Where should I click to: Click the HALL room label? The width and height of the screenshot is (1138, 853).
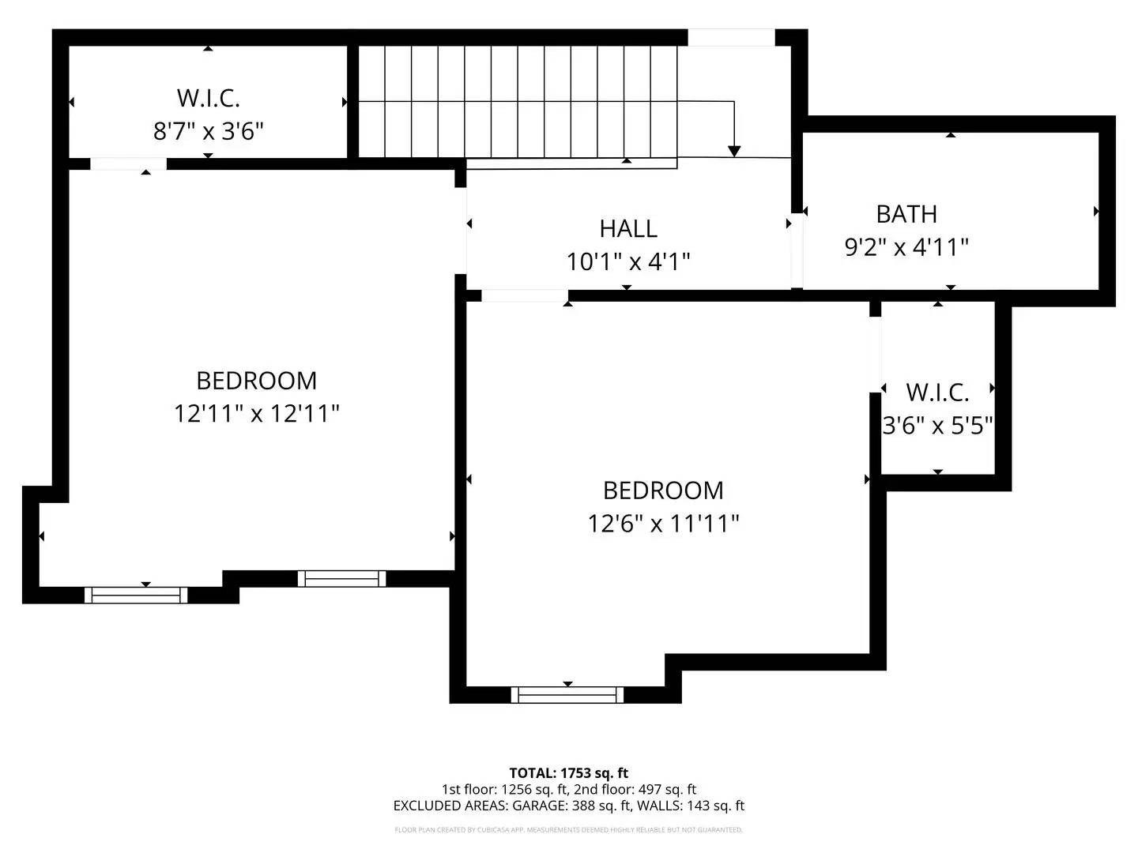coord(628,228)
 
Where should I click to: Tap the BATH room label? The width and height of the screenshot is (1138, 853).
coord(906,214)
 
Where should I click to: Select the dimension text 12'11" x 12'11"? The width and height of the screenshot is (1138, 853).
coord(257,413)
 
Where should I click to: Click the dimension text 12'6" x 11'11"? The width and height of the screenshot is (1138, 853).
coord(663,523)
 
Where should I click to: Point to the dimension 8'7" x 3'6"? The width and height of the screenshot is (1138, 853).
coord(208,130)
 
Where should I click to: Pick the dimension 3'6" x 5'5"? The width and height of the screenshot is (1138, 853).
coord(937,426)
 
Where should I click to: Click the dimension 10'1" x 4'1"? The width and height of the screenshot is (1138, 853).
coord(628,261)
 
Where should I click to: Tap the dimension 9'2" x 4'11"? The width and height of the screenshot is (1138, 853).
coord(906,247)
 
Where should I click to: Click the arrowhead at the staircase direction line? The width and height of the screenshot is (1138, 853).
coord(734,150)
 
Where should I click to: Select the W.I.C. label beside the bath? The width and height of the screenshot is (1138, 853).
coord(937,392)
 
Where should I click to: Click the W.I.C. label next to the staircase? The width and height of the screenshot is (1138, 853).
coord(208,98)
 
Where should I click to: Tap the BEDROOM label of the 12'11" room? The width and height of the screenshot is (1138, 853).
coord(257,381)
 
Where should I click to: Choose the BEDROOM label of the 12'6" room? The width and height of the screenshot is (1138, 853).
coord(663,490)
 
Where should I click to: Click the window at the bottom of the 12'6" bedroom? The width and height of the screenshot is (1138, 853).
coord(567,695)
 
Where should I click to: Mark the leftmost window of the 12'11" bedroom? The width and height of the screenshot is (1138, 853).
coord(136,595)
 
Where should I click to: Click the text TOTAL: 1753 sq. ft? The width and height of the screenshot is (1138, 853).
coord(568,773)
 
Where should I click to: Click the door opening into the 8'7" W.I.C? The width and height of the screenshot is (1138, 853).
coord(128,164)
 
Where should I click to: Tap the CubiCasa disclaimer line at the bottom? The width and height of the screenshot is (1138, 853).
coord(568,830)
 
